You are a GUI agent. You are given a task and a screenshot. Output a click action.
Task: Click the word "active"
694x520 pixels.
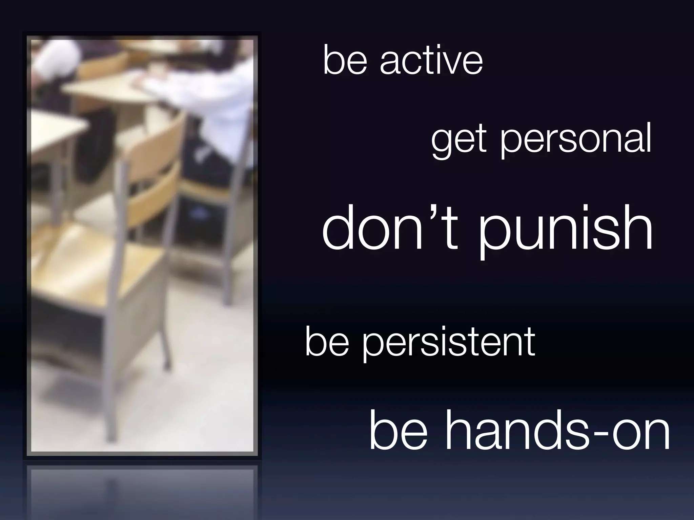(x=431, y=61)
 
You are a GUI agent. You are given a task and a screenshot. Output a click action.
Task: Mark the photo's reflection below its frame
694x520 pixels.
(x=142, y=487)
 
